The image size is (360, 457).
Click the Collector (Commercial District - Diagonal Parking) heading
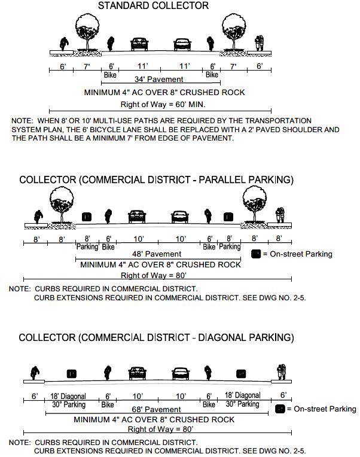pyautogui.click(x=156, y=338)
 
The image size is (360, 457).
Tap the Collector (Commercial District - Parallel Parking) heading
pyautogui.click(x=156, y=180)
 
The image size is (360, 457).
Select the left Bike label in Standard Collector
pyautogui.click(x=110, y=75)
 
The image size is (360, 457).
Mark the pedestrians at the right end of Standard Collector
pyautogui.click(x=259, y=43)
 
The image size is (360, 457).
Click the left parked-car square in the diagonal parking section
pyautogui.click(x=72, y=374)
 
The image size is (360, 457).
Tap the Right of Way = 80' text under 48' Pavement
pyautogui.click(x=154, y=276)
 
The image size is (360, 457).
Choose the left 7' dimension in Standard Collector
pyautogui.click(x=86, y=66)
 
